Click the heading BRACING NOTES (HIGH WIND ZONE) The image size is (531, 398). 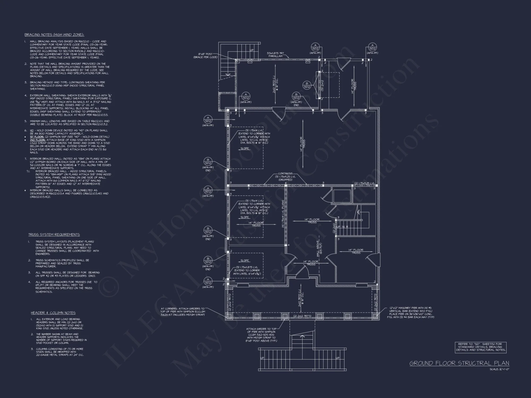[x=54, y=35]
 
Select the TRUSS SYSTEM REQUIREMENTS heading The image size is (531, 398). [x=54, y=235]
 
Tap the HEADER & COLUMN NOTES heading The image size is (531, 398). [x=53, y=313]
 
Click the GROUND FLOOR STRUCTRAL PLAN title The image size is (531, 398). [x=459, y=363]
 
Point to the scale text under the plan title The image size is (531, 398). [x=499, y=369]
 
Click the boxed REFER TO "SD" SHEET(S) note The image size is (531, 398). [x=481, y=347]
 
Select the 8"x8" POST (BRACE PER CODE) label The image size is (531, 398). [x=205, y=55]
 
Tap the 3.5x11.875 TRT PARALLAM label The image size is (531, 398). [x=275, y=55]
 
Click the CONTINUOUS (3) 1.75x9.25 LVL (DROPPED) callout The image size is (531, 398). [x=285, y=177]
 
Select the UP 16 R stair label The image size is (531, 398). [x=342, y=227]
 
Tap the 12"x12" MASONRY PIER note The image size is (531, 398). [x=410, y=312]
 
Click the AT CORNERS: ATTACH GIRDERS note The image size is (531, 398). [x=183, y=312]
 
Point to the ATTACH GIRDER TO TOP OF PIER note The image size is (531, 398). [x=261, y=335]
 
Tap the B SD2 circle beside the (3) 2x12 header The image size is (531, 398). [x=307, y=85]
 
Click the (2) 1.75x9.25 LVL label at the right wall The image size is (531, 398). [x=364, y=183]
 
